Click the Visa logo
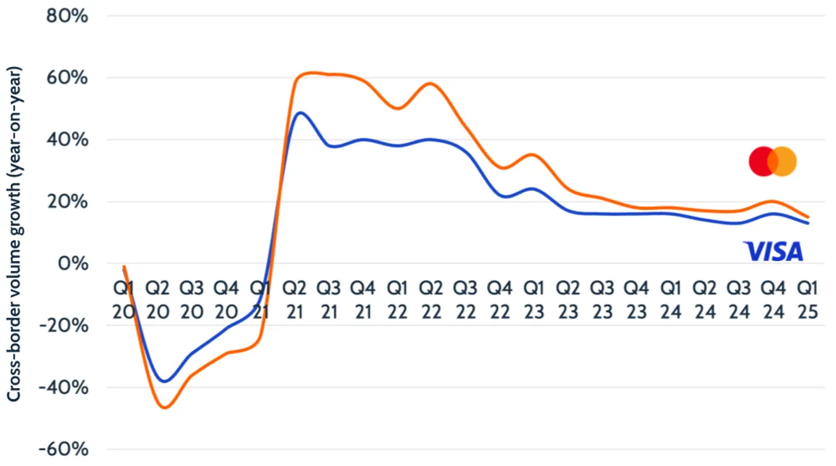pos(773,252)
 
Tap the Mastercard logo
pos(773,161)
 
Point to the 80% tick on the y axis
pos(67,15)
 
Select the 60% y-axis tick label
pos(67,77)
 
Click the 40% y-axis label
pos(67,140)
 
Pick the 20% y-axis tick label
pos(67,201)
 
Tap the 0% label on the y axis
pos(73,263)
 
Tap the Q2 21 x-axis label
pos(295,299)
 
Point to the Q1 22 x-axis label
pos(397,299)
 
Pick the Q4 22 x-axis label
pos(500,299)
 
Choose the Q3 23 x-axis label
pos(602,299)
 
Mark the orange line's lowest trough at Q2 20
pos(164,408)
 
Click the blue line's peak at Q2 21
pos(300,113)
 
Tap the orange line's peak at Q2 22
pos(430,83)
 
